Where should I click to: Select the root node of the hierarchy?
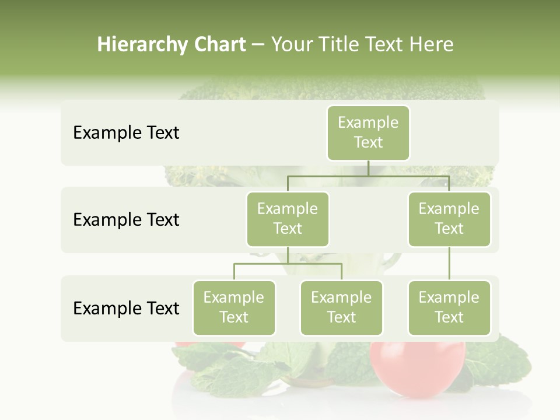368,132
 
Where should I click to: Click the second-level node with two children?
288,219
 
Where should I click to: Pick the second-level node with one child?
449,219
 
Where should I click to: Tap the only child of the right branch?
449,307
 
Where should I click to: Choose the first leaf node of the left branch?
234,307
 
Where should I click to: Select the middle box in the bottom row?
341,307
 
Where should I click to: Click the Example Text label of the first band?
126,132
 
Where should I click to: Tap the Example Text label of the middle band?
126,219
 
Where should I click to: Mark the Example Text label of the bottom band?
126,308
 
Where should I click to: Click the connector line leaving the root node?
368,169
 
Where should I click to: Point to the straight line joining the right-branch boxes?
449,264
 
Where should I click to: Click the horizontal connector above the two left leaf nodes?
288,264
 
